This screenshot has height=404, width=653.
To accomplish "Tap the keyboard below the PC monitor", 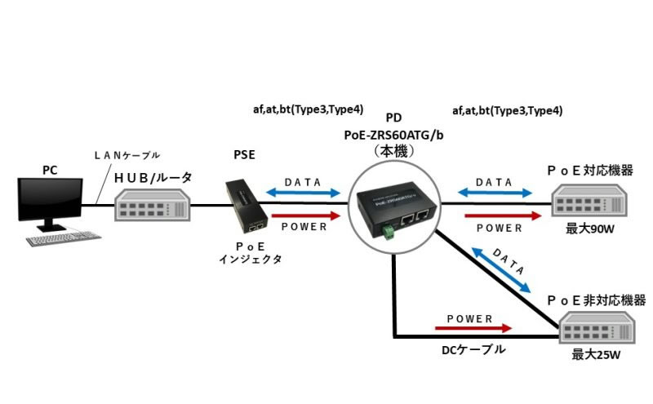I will [x=64, y=239].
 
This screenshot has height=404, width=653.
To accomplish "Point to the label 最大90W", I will [x=589, y=231].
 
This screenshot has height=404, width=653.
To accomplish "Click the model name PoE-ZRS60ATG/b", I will [x=395, y=135].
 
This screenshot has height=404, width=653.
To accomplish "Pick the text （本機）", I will [x=395, y=152].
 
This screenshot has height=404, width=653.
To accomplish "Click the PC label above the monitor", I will [x=50, y=170].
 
